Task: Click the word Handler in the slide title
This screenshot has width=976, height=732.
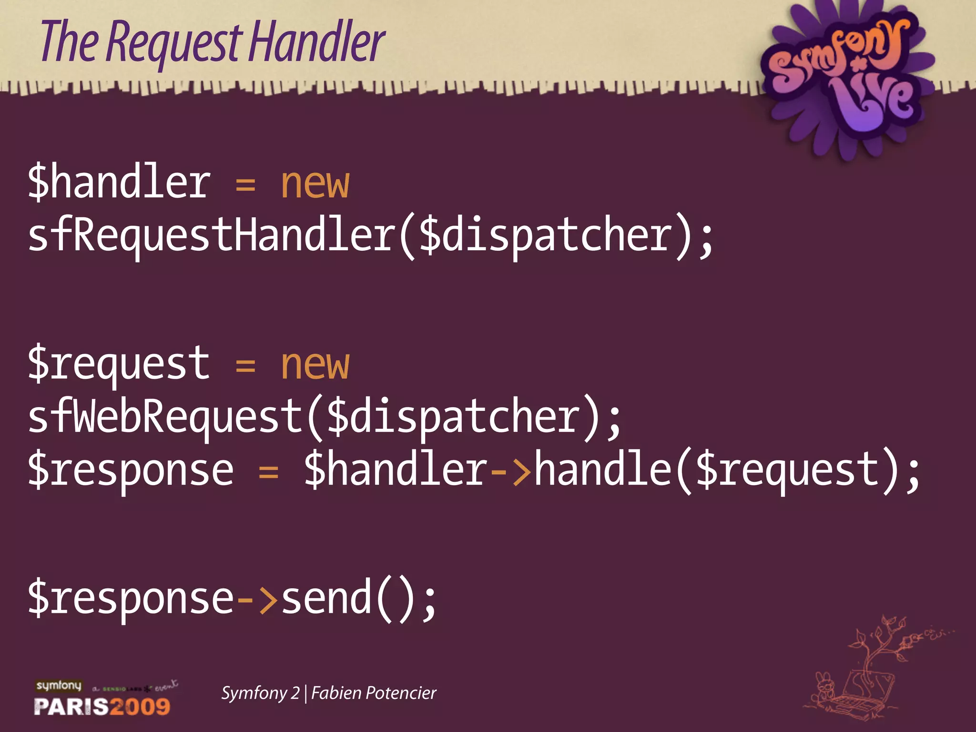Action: (317, 42)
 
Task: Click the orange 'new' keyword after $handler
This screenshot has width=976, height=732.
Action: (315, 184)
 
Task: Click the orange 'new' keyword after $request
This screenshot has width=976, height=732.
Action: (315, 365)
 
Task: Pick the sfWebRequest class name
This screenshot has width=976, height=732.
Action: (165, 417)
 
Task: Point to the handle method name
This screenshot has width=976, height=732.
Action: (602, 470)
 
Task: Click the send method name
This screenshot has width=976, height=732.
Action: (326, 599)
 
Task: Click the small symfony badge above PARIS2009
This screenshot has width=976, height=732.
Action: (59, 686)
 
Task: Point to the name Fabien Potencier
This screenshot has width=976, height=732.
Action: (374, 693)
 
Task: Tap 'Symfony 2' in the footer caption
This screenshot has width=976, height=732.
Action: (260, 693)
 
